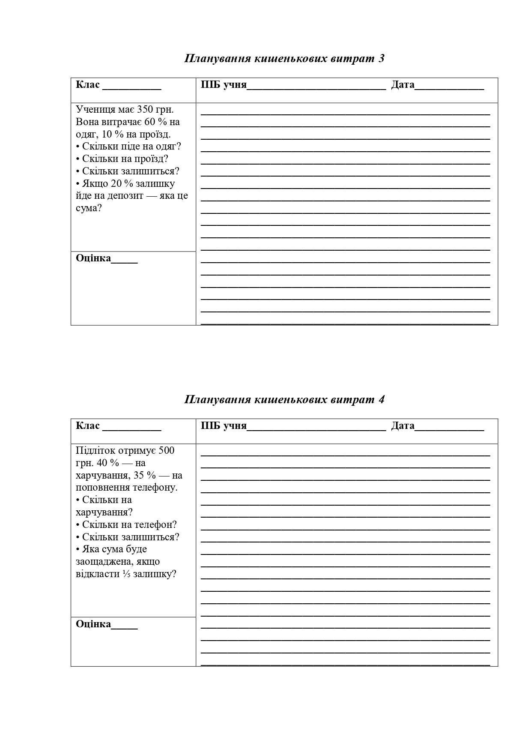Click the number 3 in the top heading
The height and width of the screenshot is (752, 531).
(381, 58)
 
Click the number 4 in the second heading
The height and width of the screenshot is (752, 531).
(381, 399)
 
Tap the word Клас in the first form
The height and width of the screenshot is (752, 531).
(88, 84)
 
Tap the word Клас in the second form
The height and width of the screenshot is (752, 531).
(88, 425)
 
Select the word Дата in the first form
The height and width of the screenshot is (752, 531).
(403, 84)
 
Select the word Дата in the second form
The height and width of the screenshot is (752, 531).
(403, 425)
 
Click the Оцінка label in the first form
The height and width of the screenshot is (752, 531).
(93, 258)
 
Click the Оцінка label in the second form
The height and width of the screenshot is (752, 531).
(93, 624)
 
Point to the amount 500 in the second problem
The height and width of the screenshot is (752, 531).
(166, 450)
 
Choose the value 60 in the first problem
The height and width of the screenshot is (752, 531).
(149, 122)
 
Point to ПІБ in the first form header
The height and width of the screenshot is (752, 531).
(211, 84)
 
